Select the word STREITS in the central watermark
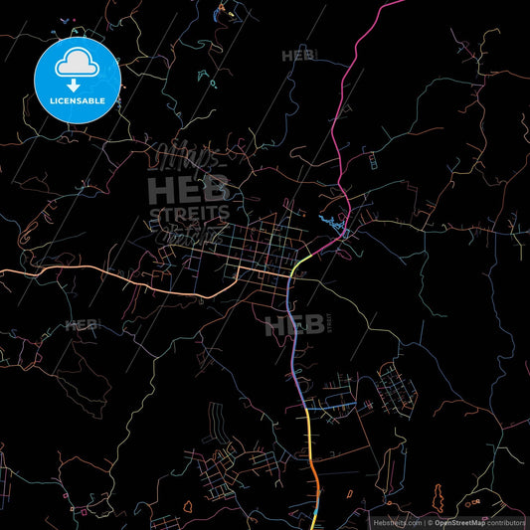pos(189,213)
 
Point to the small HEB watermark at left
pos(82,325)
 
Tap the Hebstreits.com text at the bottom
pos(396,521)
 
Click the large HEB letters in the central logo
pos(189,189)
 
